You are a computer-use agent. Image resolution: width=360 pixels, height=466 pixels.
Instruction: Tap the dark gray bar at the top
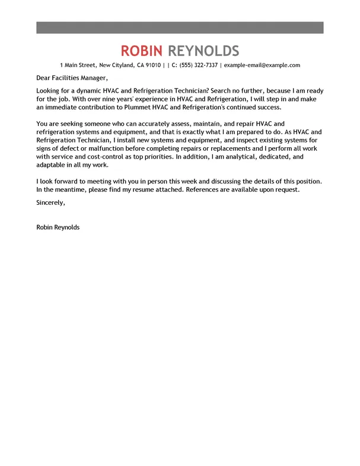(x=180, y=27)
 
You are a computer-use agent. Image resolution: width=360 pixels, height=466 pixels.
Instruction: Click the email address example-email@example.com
(x=262, y=65)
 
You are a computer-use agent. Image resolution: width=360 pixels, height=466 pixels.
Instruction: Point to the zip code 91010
(x=153, y=65)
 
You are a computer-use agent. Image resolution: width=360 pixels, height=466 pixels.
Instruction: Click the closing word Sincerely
(x=50, y=202)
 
